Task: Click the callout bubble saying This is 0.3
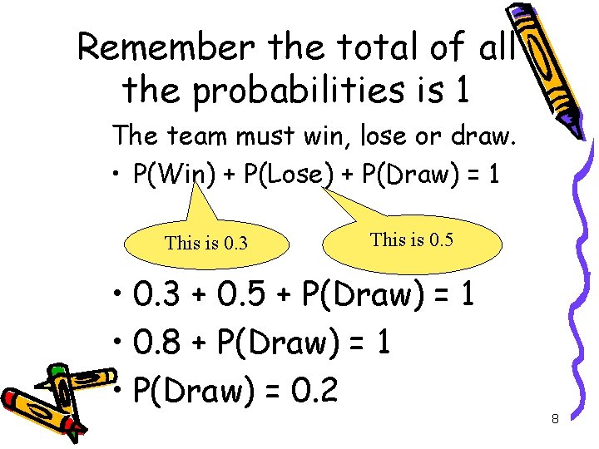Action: point(206,244)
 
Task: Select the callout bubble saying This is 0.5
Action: point(413,240)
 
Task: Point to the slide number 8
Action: point(555,419)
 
